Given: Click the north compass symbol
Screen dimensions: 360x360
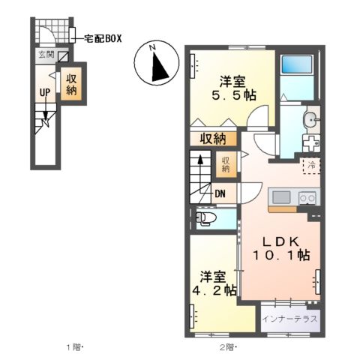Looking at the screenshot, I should [154, 63].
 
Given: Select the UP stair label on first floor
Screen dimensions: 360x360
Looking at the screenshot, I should [45, 94].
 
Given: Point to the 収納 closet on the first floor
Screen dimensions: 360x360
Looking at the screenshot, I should [71, 84].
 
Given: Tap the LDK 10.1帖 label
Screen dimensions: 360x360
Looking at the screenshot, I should [281, 247].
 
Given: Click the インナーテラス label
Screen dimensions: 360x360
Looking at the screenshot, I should [289, 318].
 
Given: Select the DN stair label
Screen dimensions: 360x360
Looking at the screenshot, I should [221, 193].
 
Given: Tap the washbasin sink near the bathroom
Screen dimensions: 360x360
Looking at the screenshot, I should [310, 120].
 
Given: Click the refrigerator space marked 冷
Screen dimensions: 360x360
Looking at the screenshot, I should [310, 163].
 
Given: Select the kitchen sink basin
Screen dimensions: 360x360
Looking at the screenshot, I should [282, 197].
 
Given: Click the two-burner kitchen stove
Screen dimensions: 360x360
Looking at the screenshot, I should [307, 197].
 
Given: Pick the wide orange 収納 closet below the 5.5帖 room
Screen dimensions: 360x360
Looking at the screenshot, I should [214, 138].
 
